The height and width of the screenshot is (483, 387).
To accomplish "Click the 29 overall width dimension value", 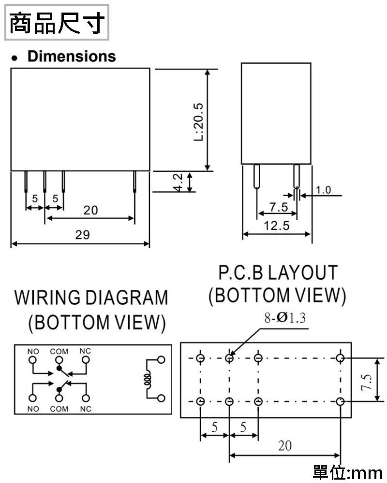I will click(82, 235).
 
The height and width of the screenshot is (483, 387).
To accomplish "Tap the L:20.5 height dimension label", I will click(198, 121).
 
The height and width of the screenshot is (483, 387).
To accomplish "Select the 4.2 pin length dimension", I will click(179, 182).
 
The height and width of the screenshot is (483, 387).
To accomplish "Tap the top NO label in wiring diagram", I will click(33, 351).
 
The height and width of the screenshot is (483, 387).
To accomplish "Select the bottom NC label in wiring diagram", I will click(86, 409).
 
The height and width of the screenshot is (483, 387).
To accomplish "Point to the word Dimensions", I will click(72, 57).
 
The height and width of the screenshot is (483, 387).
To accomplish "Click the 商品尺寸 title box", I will click(57, 22).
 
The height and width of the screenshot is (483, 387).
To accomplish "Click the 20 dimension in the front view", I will click(90, 210).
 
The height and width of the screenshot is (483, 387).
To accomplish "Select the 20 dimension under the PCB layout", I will click(285, 445).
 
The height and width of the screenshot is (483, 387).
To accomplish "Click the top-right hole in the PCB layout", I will click(341, 358).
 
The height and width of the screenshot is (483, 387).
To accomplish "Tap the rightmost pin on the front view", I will click(134, 182).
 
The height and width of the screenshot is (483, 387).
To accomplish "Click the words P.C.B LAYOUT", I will click(277, 273).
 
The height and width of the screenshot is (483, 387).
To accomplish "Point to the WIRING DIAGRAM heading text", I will click(91, 298).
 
